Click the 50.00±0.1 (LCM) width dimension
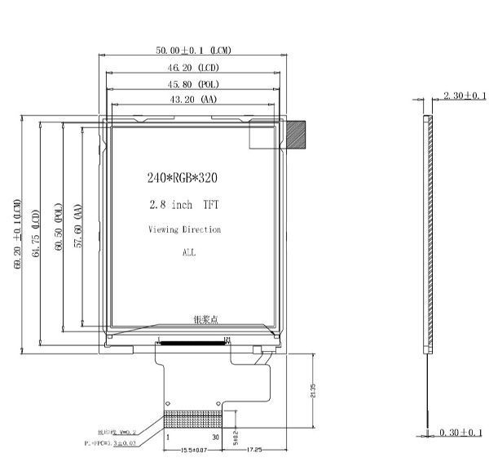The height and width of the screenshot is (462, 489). (x=193, y=51)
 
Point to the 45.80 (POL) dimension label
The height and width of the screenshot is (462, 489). (x=193, y=83)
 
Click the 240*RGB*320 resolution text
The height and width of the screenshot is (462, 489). (x=183, y=177)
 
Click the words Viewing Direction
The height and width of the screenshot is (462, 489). (x=184, y=229)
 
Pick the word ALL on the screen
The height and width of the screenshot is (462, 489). (x=188, y=253)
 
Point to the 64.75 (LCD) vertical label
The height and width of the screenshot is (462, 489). (x=36, y=235)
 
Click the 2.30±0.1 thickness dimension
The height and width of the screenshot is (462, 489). (x=462, y=96)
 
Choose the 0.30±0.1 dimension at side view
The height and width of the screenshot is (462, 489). (x=460, y=432)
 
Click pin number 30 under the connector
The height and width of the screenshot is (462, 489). (x=216, y=438)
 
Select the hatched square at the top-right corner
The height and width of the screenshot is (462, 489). (x=295, y=135)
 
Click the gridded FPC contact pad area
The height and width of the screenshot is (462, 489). (x=192, y=420)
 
